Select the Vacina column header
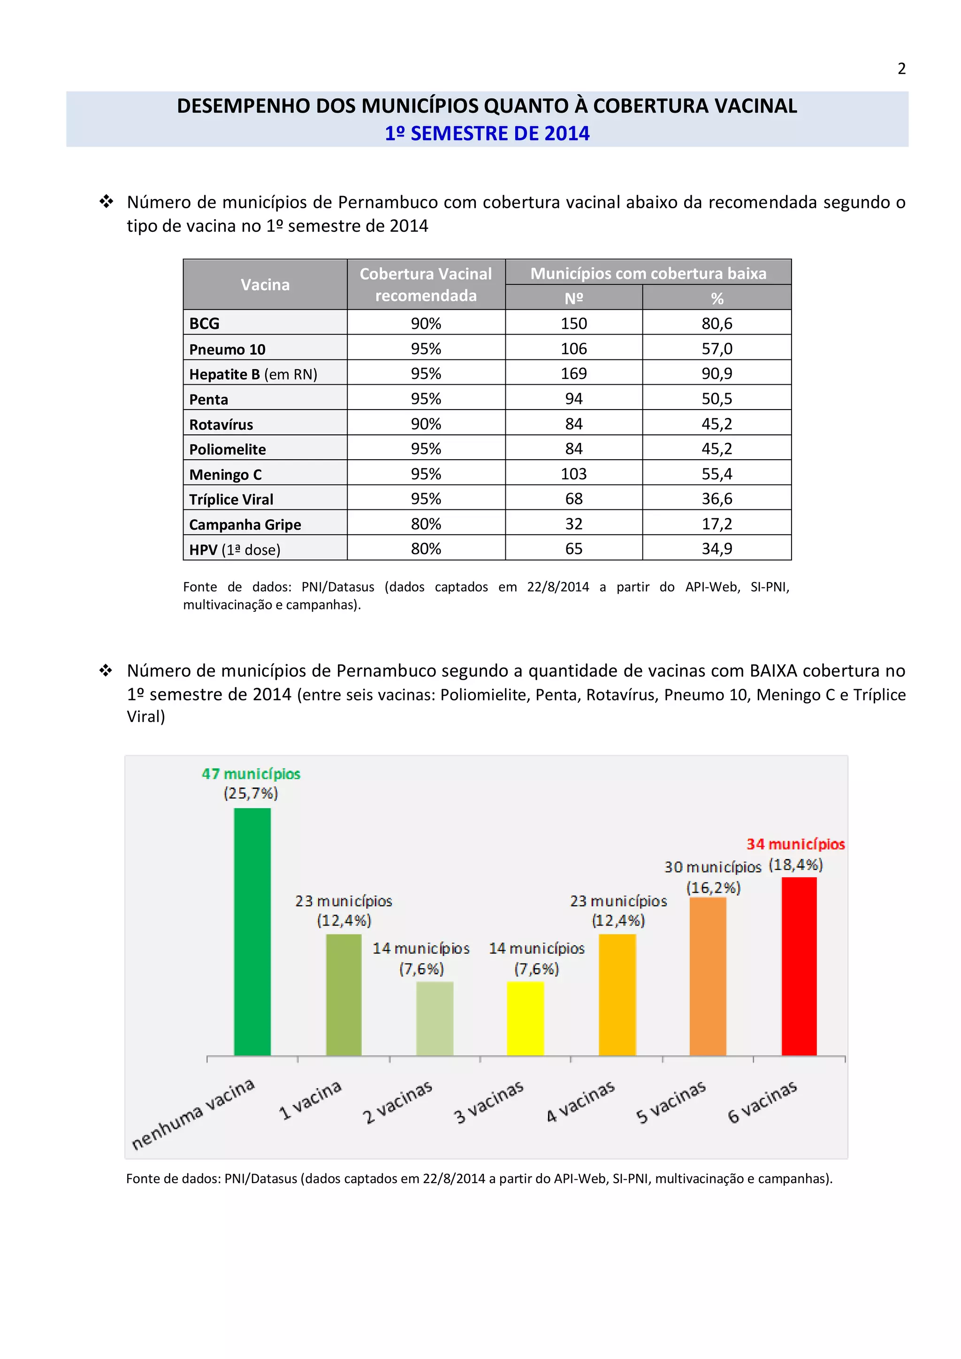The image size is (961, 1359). tap(265, 285)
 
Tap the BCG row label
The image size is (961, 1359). tap(204, 324)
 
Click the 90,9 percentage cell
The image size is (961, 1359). tap(717, 373)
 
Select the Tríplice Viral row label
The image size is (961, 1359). tap(231, 500)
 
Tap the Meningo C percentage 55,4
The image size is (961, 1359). tap(717, 473)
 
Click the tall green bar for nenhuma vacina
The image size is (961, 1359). tap(252, 932)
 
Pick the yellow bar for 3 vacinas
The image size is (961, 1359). tap(525, 1018)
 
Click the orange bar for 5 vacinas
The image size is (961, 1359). tap(708, 977)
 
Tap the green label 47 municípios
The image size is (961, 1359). tap(251, 774)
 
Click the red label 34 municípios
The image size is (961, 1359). tap(795, 844)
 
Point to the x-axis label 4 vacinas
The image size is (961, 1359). tap(581, 1102)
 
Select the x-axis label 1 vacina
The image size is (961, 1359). tap(310, 1100)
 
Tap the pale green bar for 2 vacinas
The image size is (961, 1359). tap(435, 1018)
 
